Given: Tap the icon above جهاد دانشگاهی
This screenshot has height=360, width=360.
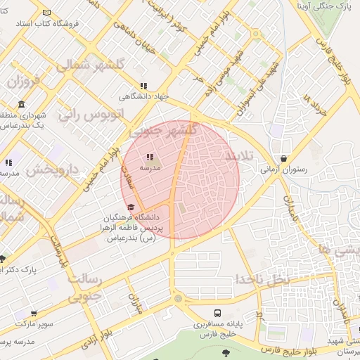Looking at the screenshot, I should point(124,87).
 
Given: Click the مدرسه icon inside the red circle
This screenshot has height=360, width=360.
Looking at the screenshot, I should point(149,157).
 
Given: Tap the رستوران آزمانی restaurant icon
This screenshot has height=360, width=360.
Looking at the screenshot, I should point(283,159).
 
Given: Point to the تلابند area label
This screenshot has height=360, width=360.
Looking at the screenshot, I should point(240,155).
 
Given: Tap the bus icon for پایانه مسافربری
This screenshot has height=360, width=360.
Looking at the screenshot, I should point(217,313).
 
